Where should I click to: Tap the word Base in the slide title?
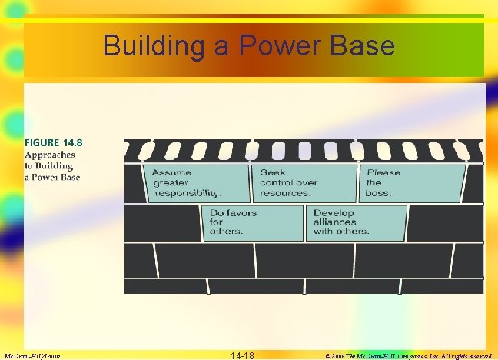click(364, 46)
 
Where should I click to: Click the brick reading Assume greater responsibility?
click(198, 183)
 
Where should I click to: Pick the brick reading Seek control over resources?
click(304, 183)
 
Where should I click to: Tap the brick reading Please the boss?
click(412, 183)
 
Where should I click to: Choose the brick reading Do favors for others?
click(252, 222)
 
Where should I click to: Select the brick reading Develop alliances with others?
click(356, 222)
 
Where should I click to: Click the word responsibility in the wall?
click(188, 193)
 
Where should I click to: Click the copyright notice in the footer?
click(409, 355)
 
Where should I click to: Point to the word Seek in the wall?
click(272, 173)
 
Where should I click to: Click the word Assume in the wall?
click(171, 173)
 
